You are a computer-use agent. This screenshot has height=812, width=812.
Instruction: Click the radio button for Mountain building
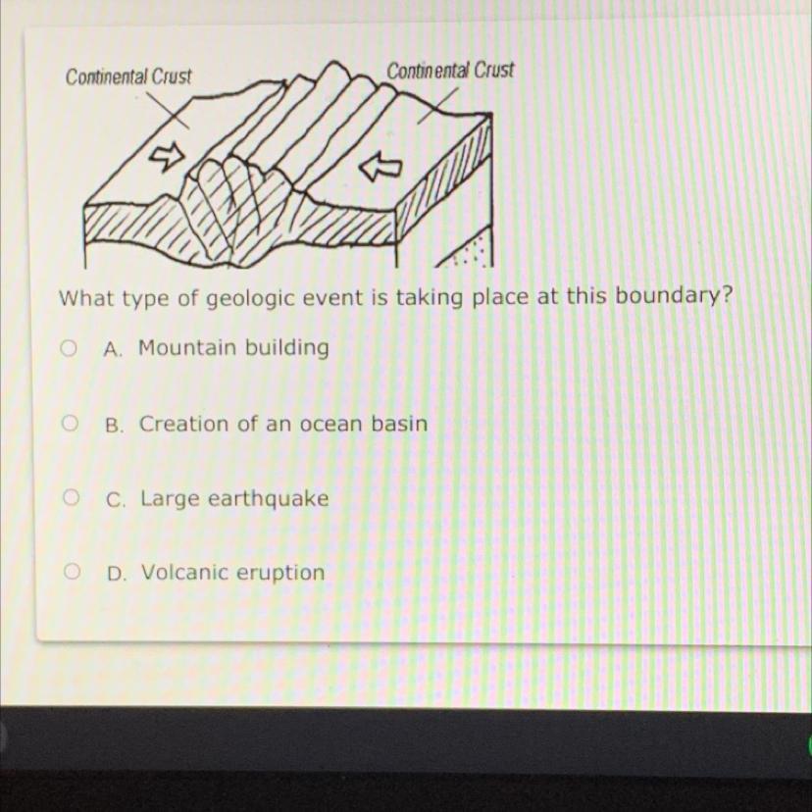[x=69, y=348]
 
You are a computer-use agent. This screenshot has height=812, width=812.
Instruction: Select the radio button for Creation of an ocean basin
[x=70, y=423]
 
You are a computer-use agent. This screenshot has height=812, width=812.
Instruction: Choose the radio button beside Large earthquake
[x=71, y=497]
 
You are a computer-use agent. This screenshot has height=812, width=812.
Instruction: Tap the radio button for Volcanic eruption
[x=72, y=572]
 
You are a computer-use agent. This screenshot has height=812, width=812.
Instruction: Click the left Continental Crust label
[x=128, y=76]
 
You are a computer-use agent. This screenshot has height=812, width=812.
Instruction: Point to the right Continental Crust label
[x=450, y=71]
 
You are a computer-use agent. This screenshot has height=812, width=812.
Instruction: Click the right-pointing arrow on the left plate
[x=167, y=155]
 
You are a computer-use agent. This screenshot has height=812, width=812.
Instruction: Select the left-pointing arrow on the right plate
[x=381, y=167]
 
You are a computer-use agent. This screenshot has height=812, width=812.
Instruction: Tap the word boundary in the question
[x=668, y=297]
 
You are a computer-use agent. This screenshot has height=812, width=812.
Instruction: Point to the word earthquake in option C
[x=269, y=499]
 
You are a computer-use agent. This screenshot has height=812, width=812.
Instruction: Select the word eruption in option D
[x=282, y=574]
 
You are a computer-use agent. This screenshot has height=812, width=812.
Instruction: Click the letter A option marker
[x=113, y=349]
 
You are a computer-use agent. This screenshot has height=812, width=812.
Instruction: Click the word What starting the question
[x=85, y=298]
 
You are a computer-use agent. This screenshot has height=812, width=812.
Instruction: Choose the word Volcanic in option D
[x=186, y=573]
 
